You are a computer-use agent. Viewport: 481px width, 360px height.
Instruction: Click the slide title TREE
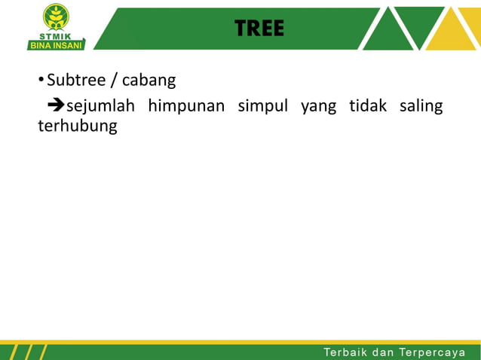(259, 29)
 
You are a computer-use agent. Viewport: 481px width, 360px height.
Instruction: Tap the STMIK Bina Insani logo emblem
(57, 17)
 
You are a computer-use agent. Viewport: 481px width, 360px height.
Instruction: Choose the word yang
(318, 106)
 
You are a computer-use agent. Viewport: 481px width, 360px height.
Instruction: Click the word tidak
(368, 105)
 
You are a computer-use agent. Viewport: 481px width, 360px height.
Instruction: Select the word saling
(421, 106)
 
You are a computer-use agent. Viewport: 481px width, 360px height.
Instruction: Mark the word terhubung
(78, 126)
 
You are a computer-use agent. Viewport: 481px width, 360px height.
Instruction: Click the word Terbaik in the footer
(345, 352)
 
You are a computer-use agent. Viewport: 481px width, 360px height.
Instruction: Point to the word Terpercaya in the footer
(438, 352)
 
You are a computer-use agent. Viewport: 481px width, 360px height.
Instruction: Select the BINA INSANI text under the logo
(57, 44)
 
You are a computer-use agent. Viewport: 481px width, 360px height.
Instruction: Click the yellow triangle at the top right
(452, 34)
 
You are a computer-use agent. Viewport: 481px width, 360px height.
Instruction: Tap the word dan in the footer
(384, 352)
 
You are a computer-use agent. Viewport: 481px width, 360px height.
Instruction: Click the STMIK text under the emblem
(57, 35)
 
